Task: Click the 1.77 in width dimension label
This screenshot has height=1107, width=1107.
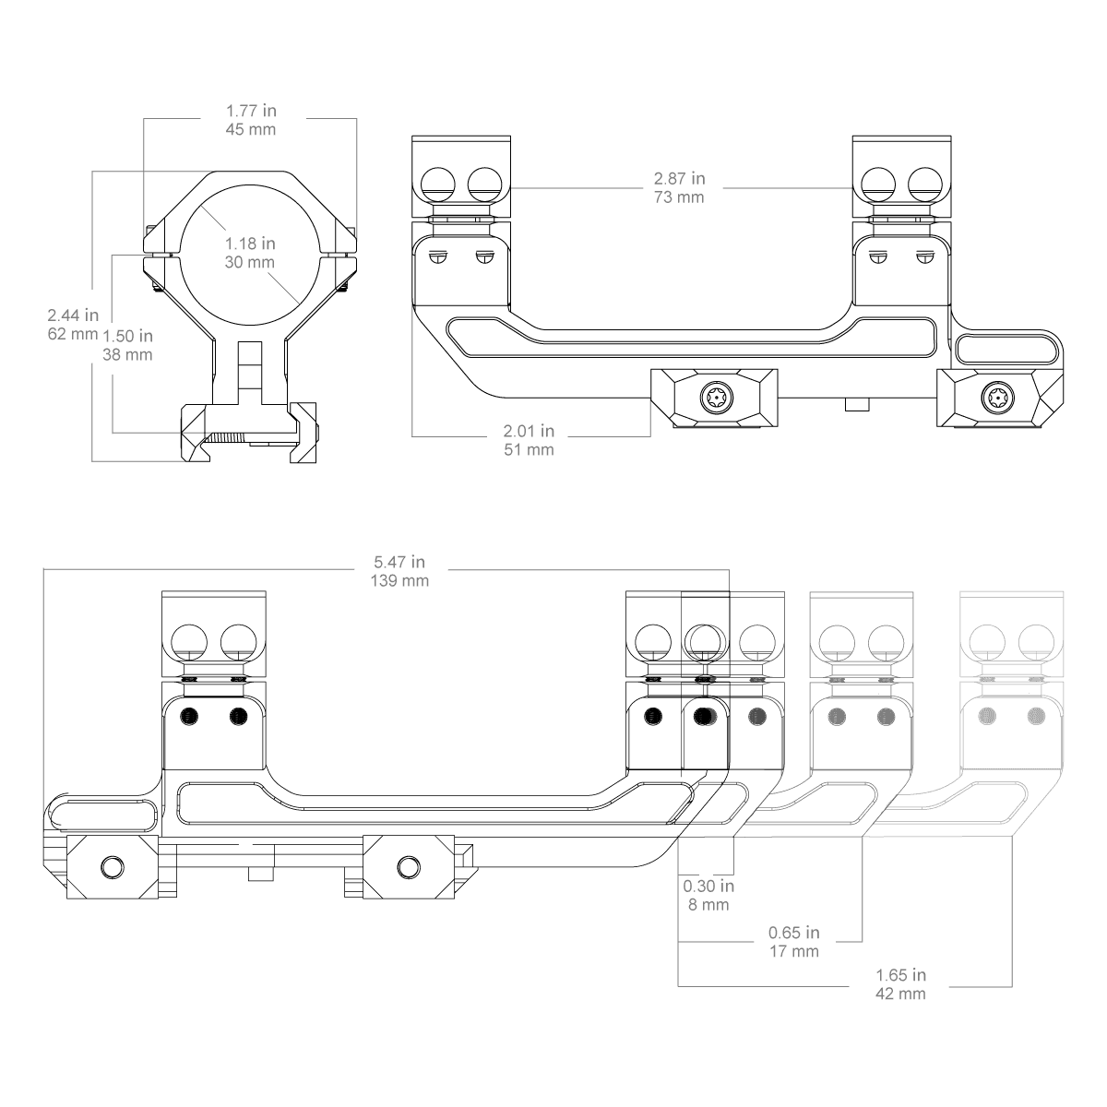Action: pos(251,111)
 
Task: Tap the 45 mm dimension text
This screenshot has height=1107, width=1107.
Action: pos(251,130)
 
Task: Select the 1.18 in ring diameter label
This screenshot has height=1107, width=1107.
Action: pos(251,244)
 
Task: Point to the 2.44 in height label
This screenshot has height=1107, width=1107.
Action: pos(74,315)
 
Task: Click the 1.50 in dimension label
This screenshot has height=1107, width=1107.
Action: pos(127,335)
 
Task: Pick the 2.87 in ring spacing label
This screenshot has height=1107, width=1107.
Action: pos(679,177)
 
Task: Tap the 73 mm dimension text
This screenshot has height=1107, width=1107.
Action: pos(679,196)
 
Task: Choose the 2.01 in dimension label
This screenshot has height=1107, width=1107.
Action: pos(529,430)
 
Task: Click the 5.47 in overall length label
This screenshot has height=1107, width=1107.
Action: pos(399,561)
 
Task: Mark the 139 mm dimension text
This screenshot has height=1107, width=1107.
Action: pos(399,580)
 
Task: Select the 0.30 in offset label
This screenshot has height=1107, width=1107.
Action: pos(708,886)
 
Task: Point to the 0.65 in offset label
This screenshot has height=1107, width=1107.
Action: pos(793,933)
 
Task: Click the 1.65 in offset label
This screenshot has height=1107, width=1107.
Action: pos(900,975)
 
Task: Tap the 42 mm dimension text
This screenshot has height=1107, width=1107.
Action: pos(900,994)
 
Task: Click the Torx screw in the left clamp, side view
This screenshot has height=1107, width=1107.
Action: pos(715,399)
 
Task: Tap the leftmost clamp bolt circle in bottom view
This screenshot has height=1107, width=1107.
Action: pos(113,867)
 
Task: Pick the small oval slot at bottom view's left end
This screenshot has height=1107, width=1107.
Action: pos(102,815)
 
